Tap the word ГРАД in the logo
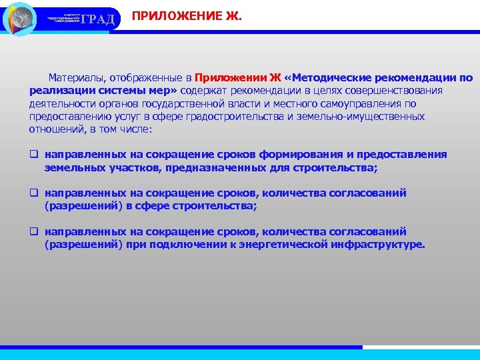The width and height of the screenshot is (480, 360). (x=101, y=19)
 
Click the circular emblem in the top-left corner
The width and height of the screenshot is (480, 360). (x=20, y=19)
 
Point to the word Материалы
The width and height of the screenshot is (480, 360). (x=75, y=77)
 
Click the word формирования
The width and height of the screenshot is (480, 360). (x=303, y=155)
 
